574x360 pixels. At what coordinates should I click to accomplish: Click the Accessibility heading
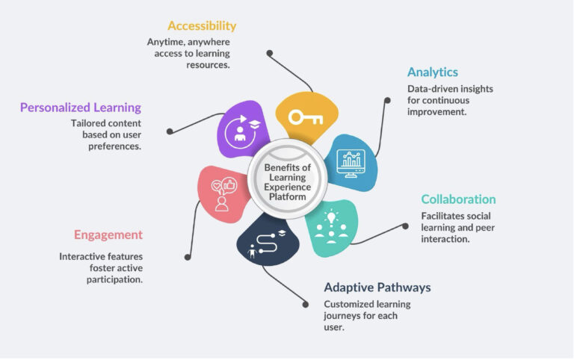202,26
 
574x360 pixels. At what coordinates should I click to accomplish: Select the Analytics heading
433,72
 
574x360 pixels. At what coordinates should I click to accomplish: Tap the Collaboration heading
458,199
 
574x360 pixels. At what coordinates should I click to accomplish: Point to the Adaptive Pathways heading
377,288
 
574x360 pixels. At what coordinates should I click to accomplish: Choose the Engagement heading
108,235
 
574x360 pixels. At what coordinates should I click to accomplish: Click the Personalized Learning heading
81,108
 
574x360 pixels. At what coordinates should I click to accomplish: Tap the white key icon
306,118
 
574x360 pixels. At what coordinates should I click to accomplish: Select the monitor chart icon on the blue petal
351,164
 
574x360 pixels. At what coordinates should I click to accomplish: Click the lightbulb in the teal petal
331,217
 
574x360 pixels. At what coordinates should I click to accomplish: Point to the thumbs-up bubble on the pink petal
229,185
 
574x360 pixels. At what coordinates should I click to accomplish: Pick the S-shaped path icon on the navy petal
268,243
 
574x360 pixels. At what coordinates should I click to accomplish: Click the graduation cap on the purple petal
255,125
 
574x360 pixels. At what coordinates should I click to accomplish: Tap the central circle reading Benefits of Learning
287,179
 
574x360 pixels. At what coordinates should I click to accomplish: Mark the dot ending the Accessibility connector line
269,53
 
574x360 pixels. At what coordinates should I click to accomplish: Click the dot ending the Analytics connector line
387,100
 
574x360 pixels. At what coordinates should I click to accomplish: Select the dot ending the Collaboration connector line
405,226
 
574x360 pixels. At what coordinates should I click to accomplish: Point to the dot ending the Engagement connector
188,257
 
